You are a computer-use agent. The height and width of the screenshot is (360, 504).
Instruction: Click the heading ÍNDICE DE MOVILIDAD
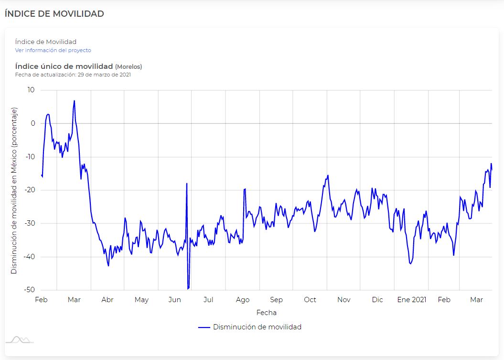[54, 14]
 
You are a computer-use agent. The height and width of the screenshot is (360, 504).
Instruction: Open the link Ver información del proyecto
[53, 50]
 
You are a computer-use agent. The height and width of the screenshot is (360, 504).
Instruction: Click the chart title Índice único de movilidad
[64, 66]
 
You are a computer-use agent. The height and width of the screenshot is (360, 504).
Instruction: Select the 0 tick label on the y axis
[32, 123]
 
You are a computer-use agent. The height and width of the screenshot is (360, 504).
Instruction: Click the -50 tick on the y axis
[30, 290]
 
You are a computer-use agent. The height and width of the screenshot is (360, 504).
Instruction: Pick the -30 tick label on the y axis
[30, 223]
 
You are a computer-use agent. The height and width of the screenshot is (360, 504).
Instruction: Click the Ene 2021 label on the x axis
[411, 300]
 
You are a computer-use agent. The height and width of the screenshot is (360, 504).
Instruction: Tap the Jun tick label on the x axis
[175, 300]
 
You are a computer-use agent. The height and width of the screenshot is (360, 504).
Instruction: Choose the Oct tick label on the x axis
[310, 300]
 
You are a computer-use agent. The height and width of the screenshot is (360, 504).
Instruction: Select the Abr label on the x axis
[107, 300]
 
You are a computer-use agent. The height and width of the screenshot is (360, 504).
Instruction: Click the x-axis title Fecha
[266, 313]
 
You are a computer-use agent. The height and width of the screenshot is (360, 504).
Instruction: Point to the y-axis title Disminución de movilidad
[14, 191]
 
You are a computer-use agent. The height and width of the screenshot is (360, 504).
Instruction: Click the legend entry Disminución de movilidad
[257, 327]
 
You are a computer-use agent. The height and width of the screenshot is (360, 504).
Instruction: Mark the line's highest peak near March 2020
[74, 101]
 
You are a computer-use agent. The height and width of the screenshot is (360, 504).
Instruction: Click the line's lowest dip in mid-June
[188, 289]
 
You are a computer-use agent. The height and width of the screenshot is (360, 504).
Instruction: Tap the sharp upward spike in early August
[245, 189]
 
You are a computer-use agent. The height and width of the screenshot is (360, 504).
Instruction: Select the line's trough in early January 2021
[410, 263]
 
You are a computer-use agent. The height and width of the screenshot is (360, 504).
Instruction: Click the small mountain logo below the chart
[19, 339]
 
